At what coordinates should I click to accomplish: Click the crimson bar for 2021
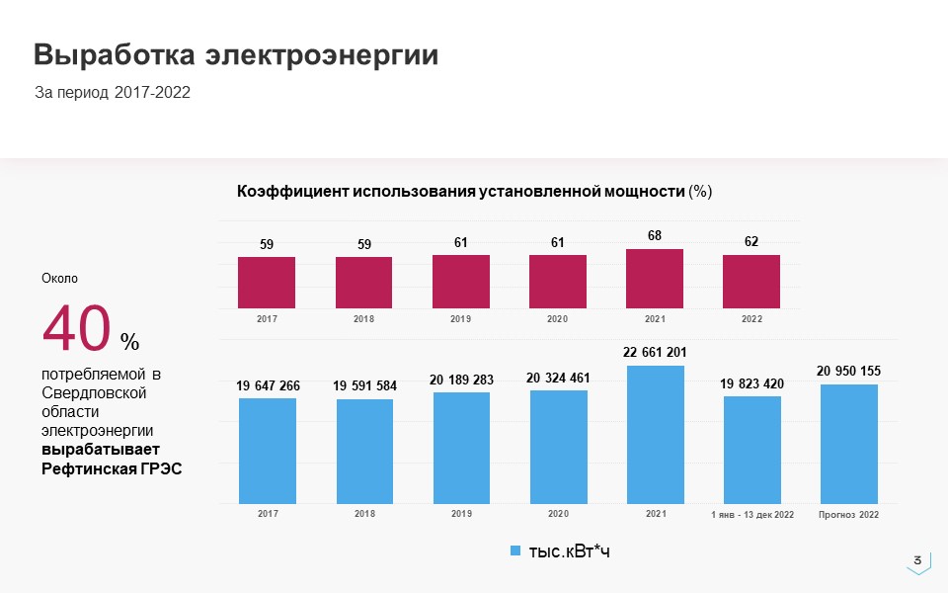pos(655,279)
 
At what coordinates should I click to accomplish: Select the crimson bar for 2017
pos(267,283)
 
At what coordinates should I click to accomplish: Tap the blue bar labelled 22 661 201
pos(655,434)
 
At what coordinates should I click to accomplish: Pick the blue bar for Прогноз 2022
pos(849,443)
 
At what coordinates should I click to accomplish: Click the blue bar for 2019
pos(461,447)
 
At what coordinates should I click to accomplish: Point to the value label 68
pos(655,236)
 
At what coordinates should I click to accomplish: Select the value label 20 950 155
pos(849,372)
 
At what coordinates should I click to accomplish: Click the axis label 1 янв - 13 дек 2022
pos(752,515)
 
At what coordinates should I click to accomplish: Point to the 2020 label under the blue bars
pos(558,514)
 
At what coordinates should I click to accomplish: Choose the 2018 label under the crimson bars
pos(363,319)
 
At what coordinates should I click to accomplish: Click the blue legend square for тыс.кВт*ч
pos(514,551)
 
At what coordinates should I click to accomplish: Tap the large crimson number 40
pos(75,329)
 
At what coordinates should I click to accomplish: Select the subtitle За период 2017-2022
pos(113,92)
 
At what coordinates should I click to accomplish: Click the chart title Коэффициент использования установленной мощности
pos(461,191)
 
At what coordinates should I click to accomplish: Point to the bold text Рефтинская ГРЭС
pos(112,468)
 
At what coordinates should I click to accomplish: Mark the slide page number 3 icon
pos(918,561)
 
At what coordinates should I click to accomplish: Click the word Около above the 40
pos(59,279)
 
